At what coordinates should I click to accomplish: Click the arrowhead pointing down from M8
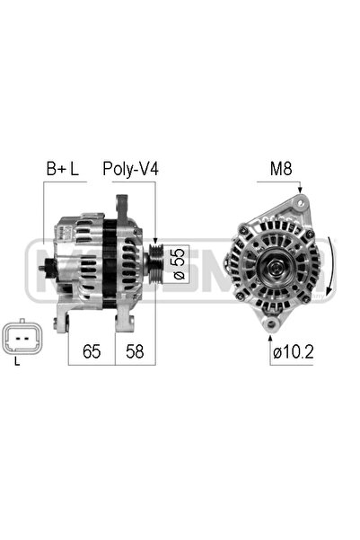301,191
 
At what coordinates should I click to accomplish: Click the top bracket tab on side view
119,199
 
